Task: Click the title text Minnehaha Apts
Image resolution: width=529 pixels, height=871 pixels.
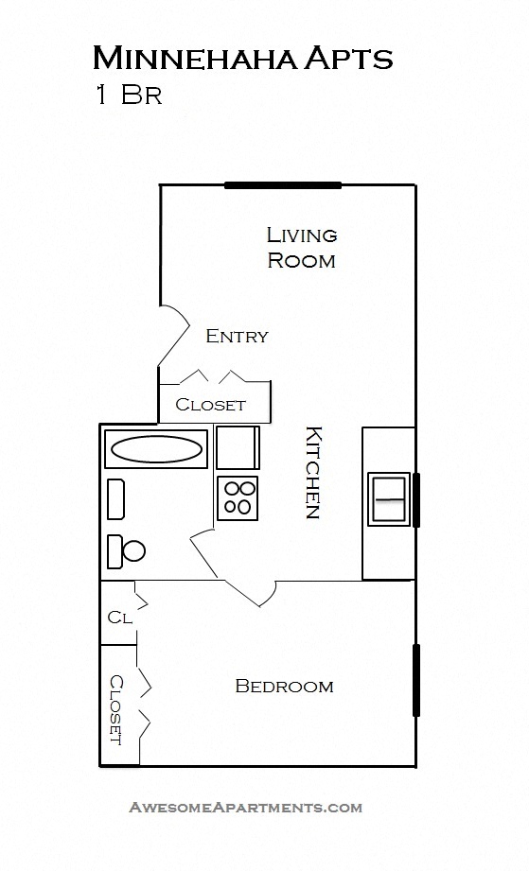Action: [242, 59]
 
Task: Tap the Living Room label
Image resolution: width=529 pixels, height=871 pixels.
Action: [301, 247]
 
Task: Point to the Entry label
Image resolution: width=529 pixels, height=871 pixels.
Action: [237, 336]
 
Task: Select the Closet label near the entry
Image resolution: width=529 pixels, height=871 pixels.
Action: [210, 405]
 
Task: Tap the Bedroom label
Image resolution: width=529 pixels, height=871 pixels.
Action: [284, 687]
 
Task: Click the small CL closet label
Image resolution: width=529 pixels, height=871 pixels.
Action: [119, 618]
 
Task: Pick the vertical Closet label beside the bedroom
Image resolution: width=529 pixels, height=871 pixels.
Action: [115, 708]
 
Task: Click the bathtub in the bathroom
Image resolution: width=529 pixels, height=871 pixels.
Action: [156, 448]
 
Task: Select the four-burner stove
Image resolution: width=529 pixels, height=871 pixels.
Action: [238, 497]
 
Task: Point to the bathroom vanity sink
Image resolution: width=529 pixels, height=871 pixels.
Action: [115, 498]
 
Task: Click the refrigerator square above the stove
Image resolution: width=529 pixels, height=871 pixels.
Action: [237, 447]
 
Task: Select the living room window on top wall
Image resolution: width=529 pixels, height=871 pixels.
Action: [282, 185]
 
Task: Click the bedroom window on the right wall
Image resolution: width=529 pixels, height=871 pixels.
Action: [415, 680]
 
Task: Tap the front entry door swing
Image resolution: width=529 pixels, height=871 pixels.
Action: [174, 336]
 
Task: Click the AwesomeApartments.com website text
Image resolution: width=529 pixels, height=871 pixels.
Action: [245, 808]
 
